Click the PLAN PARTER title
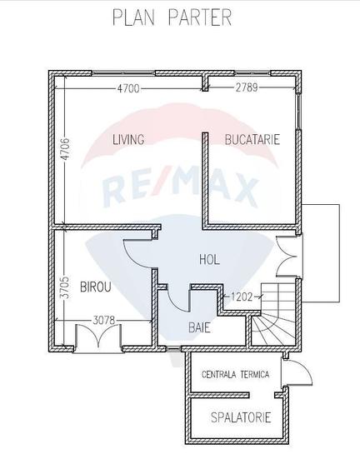coord(172,17)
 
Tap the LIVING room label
coord(128,139)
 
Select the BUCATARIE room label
coord(252,140)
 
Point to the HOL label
coord(209,259)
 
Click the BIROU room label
coord(96,287)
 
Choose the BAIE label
coord(199,327)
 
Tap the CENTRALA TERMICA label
coord(235,375)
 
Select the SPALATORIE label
coord(241,417)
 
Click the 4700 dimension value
coord(128,88)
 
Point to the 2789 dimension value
coord(247,87)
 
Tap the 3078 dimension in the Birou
coord(104,321)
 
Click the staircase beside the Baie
coord(273,314)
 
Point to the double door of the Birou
coord(98,337)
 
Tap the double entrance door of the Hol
coord(286,257)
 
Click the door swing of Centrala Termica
coord(297,372)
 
